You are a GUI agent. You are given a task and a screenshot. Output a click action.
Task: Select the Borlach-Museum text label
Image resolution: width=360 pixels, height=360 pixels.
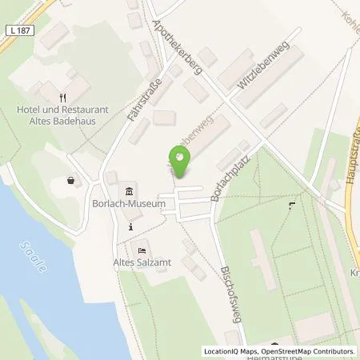coord(134,204)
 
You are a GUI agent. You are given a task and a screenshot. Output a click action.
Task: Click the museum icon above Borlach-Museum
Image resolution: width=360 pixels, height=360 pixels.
coord(130,190)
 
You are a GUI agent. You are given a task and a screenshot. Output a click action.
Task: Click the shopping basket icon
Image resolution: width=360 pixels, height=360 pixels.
coord(74,181)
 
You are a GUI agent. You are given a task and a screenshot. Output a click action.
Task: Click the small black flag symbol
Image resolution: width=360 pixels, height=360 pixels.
coord(290,206)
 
